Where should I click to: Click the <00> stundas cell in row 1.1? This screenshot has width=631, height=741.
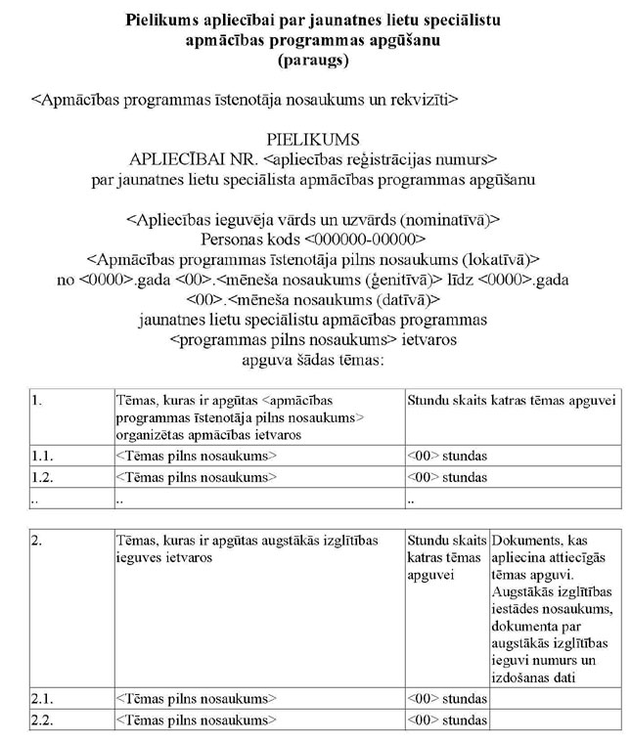[x=447, y=456]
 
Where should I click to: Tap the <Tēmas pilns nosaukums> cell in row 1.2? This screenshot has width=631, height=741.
[x=196, y=477]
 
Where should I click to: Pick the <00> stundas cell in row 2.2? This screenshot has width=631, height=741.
[x=447, y=720]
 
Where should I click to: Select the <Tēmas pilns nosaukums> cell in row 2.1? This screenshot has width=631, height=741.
[x=196, y=700]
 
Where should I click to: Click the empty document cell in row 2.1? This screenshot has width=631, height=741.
[x=554, y=700]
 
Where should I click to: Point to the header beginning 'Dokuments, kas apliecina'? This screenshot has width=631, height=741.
[x=553, y=546]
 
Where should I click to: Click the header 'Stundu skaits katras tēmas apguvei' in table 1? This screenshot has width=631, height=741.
[x=511, y=400]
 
